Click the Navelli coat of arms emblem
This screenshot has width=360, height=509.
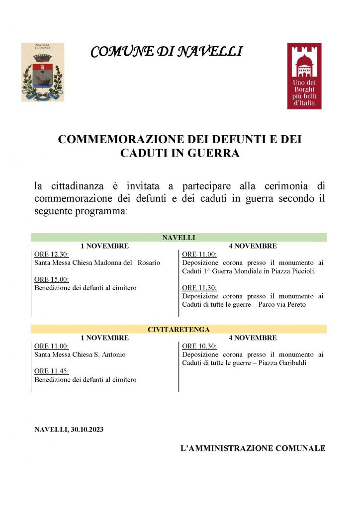42,72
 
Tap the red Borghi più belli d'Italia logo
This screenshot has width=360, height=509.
304,76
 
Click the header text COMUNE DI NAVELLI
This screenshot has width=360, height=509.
167,51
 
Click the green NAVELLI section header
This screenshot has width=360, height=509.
179,238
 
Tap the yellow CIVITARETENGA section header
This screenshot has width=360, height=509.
179,329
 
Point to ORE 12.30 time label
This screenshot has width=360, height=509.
52,254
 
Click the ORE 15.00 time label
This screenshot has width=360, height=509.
52,279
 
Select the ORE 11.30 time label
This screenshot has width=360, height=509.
199,288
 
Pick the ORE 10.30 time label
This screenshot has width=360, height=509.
199,346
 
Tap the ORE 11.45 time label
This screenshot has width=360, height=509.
52,371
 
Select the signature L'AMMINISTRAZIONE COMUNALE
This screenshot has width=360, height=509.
253,448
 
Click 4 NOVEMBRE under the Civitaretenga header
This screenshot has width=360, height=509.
253,338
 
